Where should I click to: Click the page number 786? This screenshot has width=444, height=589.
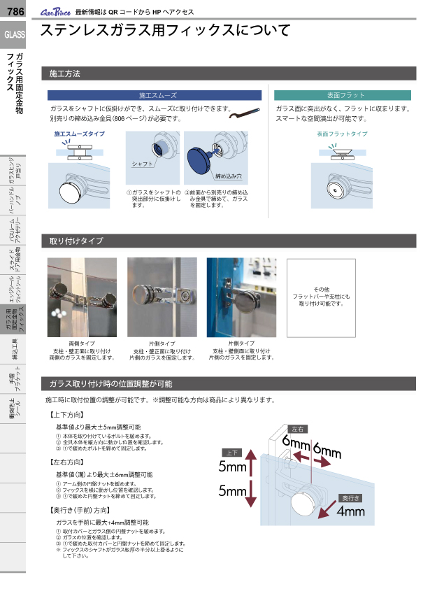pyautogui.click(x=15, y=10)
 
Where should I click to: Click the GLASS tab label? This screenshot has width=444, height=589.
pyautogui.click(x=15, y=34)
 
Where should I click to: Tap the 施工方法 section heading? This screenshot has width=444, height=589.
pyautogui.click(x=65, y=73)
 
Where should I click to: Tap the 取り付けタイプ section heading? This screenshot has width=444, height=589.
pyautogui.click(x=76, y=241)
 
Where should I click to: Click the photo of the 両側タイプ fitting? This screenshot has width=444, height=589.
pyautogui.click(x=82, y=297)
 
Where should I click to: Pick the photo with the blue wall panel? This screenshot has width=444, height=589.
pyautogui.click(x=241, y=297)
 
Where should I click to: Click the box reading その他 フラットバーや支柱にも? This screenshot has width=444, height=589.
pyautogui.click(x=321, y=297)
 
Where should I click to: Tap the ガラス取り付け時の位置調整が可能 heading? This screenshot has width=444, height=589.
pyautogui.click(x=110, y=384)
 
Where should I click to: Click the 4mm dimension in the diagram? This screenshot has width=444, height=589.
pyautogui.click(x=350, y=511)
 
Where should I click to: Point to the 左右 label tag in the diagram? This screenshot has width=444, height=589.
pyautogui.click(x=297, y=429)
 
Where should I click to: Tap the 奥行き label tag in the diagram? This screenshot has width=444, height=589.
pyautogui.click(x=350, y=497)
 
